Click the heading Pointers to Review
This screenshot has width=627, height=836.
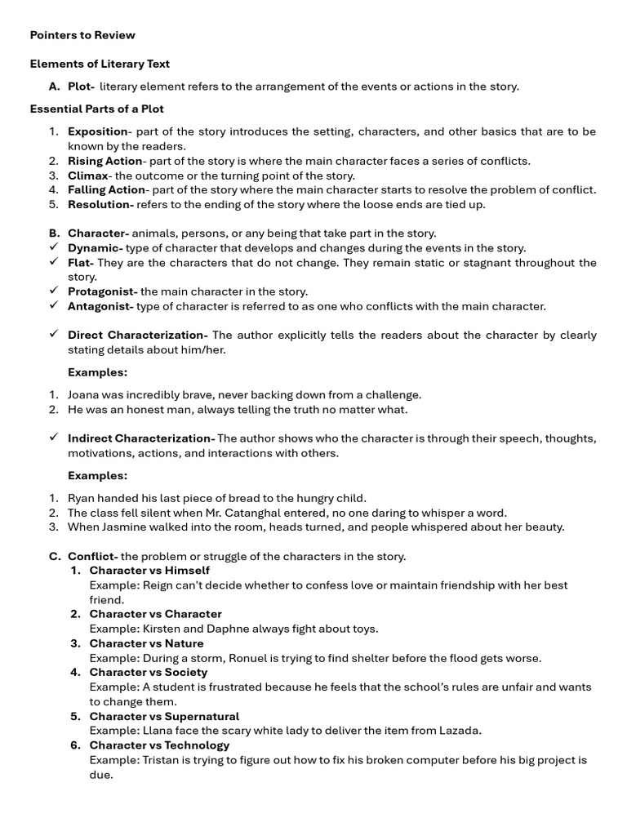82,35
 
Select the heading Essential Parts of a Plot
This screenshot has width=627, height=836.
96,109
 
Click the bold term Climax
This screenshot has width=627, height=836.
88,176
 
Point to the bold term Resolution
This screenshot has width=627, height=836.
100,205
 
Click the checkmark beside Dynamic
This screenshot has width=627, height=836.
54,247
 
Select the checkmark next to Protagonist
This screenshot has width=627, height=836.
54,291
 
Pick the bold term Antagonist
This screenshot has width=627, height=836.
100,306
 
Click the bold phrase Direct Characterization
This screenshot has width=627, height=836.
137,336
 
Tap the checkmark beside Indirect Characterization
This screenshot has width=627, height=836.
54,438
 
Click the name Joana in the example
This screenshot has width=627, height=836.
84,394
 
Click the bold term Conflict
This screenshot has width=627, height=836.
92,557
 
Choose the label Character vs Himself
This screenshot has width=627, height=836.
149,571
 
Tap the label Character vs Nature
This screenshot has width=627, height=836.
146,643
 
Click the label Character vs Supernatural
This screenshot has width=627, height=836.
164,717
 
